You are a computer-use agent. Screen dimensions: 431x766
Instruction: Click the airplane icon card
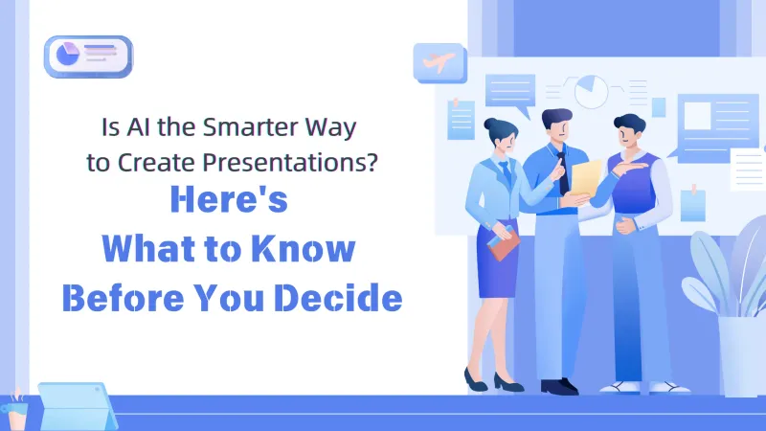[x=439, y=63]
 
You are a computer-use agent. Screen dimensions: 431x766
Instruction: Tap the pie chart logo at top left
[x=88, y=56]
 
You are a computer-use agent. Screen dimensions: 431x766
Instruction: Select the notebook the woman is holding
[x=503, y=243]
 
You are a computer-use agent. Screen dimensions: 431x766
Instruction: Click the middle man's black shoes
[x=558, y=385]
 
